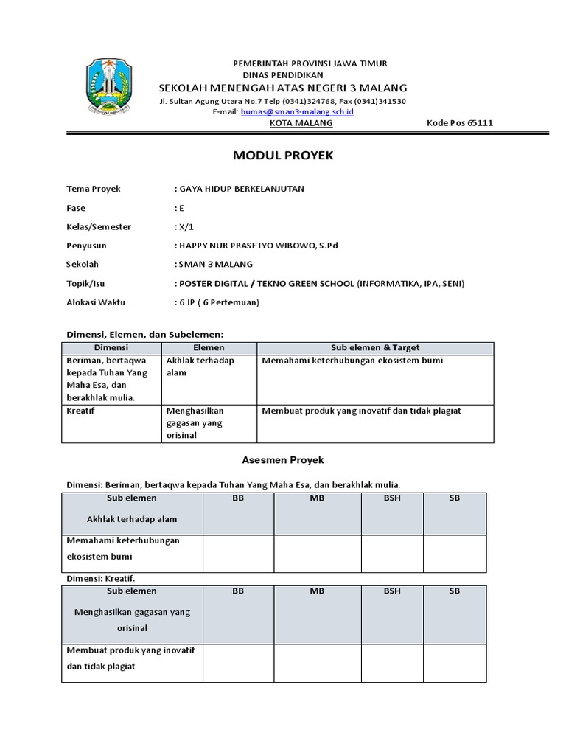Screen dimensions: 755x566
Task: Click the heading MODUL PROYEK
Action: (x=283, y=156)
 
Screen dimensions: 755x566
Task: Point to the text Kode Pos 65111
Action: (x=460, y=123)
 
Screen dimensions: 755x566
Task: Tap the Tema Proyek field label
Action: (x=94, y=189)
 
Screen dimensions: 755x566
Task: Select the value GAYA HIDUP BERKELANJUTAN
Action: (x=241, y=189)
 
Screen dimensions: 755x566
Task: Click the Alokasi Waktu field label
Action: (x=97, y=302)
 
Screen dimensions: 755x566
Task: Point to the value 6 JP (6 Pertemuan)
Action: (x=219, y=302)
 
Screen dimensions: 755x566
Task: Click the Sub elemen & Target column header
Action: (x=374, y=347)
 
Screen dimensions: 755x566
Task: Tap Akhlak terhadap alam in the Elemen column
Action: (x=200, y=366)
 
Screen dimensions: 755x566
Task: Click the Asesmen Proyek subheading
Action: (x=283, y=460)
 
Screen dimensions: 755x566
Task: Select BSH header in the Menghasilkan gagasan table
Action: (x=391, y=591)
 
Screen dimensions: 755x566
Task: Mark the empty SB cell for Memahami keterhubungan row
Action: (x=455, y=553)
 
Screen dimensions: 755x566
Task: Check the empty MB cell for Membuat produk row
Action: (x=318, y=663)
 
